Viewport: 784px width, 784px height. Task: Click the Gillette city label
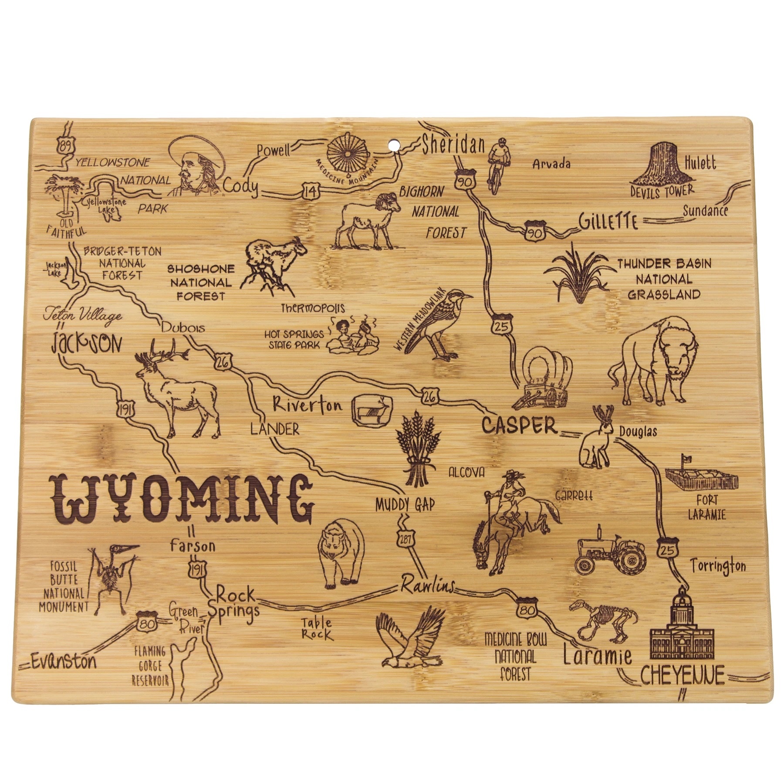tap(608, 222)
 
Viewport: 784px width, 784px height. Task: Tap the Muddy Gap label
tap(406, 504)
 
